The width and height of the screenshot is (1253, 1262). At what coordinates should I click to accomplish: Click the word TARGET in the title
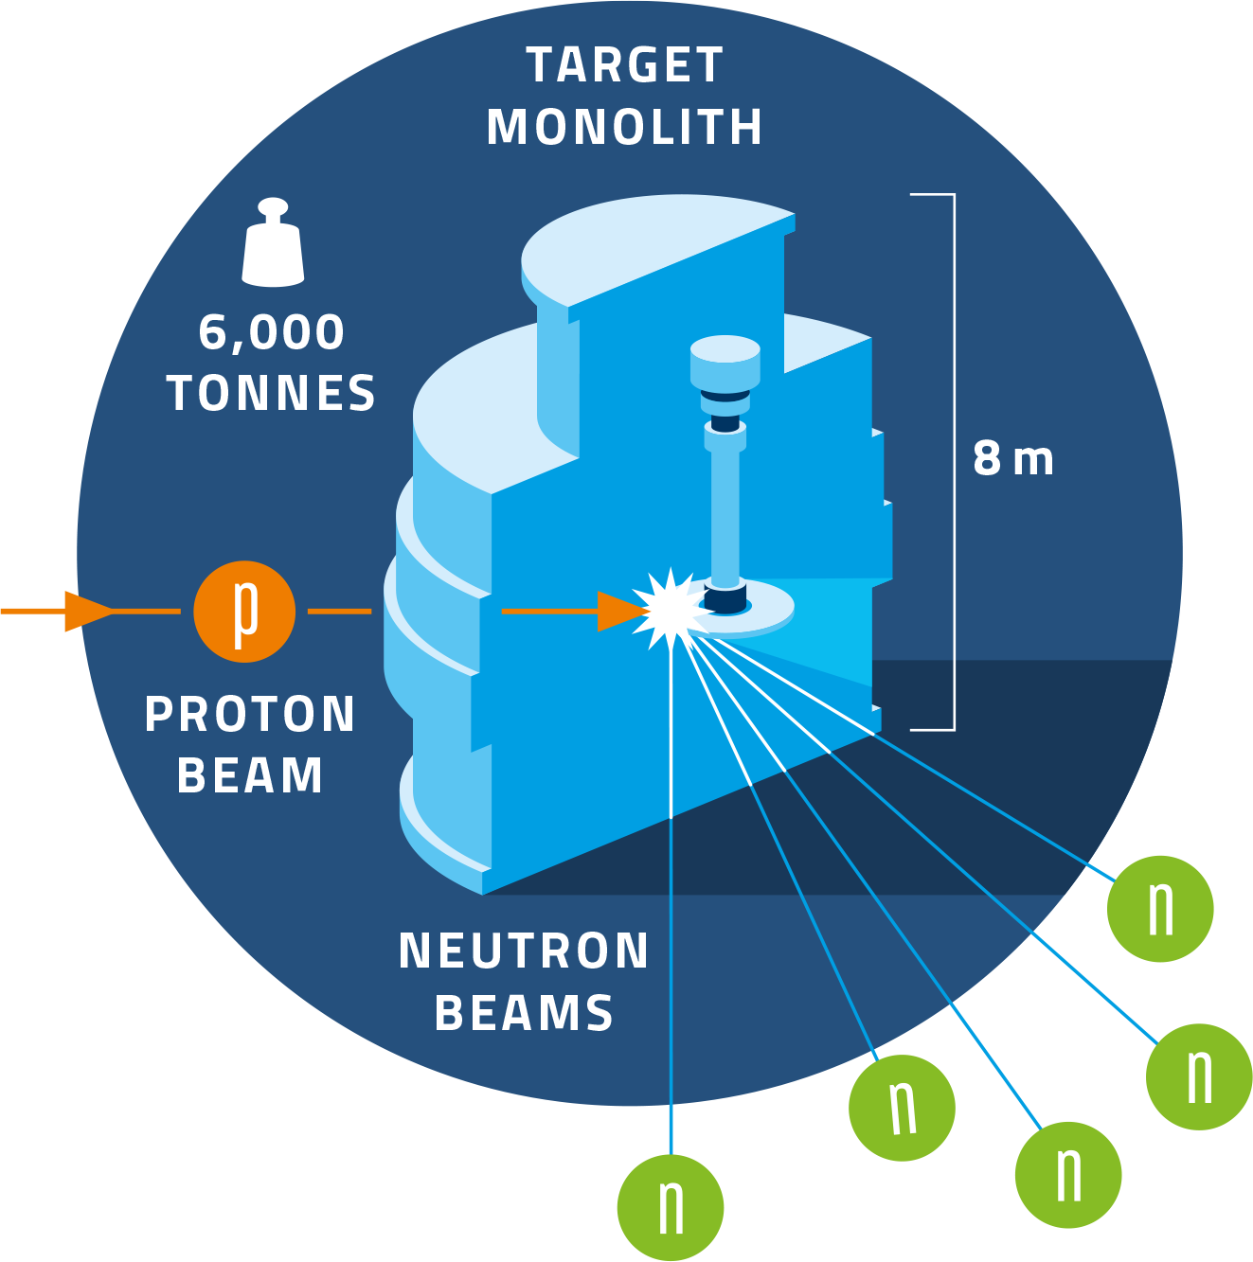[x=625, y=66]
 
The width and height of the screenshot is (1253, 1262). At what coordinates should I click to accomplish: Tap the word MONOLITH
[x=625, y=128]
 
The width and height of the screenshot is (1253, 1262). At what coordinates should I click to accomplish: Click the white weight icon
[x=273, y=243]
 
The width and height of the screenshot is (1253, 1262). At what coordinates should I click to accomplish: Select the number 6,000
[x=272, y=333]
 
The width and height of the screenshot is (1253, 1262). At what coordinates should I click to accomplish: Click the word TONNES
[x=272, y=394]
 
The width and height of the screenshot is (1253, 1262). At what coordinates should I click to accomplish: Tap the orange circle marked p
[x=244, y=612]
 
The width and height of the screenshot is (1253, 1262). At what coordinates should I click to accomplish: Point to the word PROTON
[x=250, y=715]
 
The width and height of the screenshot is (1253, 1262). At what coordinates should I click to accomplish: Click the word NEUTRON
[x=524, y=951]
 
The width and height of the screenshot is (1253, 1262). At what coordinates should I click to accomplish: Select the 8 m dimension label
[x=1012, y=460]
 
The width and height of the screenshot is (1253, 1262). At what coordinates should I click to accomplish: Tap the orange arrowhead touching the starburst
[x=620, y=612]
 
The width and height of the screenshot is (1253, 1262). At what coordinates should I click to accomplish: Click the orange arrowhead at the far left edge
[x=85, y=612]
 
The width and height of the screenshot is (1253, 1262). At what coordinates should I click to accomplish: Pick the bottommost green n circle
[x=671, y=1208]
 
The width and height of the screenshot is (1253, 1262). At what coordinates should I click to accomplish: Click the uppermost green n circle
[x=1160, y=909]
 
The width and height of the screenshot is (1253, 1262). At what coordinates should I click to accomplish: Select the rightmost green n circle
[x=1199, y=1076]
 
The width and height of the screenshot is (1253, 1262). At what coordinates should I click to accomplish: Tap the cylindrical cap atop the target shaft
[x=725, y=361]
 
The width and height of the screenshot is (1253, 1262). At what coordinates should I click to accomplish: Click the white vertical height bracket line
[x=954, y=462]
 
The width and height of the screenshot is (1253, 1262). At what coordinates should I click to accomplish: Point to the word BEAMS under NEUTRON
[x=524, y=1013]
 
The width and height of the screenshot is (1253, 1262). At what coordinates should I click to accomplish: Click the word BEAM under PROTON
[x=250, y=776]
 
